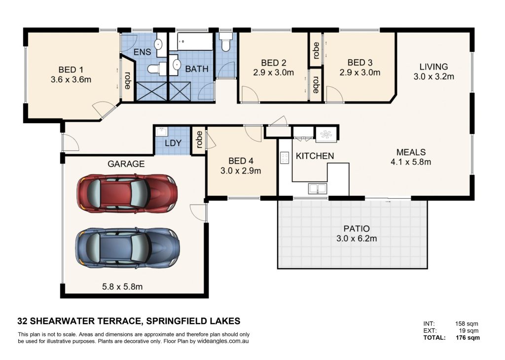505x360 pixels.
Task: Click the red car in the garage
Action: pos(127,193)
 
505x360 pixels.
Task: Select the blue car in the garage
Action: pos(128,248)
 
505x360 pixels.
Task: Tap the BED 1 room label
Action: pos(71,70)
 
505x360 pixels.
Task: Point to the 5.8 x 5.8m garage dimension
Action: pos(122,286)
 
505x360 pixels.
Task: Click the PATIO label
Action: pos(357,229)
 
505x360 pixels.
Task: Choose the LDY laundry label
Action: pos(173,143)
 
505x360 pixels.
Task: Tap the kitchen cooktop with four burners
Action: pos(285,158)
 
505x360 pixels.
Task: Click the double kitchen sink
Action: pos(318,188)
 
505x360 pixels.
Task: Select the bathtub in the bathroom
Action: pos(195,41)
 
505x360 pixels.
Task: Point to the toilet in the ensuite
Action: pos(157,69)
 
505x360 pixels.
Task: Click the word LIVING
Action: pos(433,67)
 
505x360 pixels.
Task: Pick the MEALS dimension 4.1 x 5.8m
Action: pos(411,162)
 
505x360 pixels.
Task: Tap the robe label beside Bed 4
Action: pos(200,140)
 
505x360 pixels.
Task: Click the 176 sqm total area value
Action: pos(468,338)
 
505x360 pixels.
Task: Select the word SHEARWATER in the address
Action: pos(61,321)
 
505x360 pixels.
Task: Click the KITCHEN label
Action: pos(315,156)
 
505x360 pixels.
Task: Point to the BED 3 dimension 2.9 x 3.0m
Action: pos(360,72)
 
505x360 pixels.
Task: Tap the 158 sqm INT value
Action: pos(467,324)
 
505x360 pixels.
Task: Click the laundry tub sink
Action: pos(161,132)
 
